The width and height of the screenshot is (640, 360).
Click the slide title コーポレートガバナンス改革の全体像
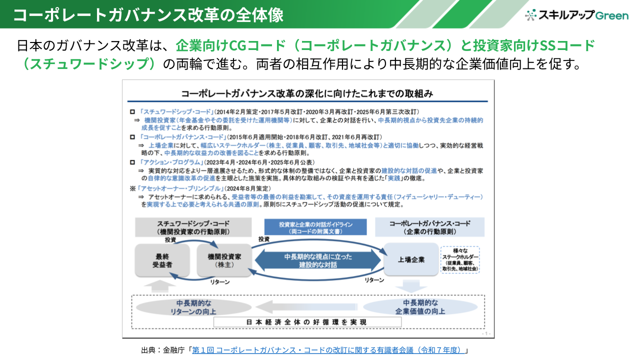[x=148, y=14]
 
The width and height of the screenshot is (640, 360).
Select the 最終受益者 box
[x=162, y=260]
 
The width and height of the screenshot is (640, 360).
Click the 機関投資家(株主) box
[x=224, y=260]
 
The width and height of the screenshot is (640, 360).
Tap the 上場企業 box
[x=411, y=259]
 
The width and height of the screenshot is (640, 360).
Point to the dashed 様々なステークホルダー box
[x=459, y=259]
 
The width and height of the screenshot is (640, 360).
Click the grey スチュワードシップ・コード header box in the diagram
[x=193, y=228]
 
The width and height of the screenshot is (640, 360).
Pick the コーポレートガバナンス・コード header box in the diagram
[x=429, y=227]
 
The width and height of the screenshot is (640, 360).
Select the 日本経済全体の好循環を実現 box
[x=307, y=322]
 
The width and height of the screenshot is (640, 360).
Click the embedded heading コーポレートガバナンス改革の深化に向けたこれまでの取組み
[x=307, y=93]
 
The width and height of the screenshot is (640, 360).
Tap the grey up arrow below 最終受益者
[x=160, y=286]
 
